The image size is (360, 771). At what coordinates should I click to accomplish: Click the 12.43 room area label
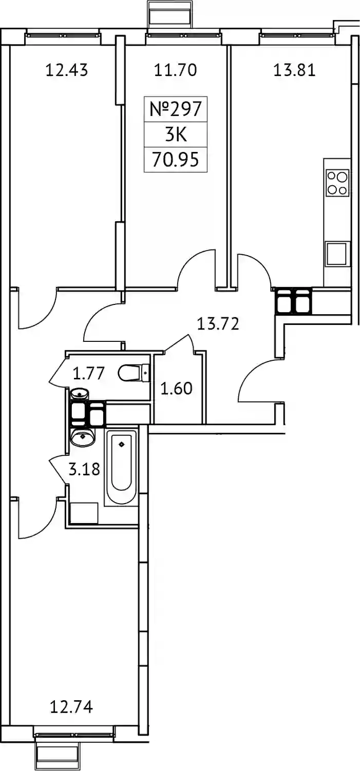[x=67, y=70]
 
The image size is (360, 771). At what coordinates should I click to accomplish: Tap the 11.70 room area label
[x=175, y=70]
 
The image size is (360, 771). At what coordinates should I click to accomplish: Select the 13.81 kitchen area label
[x=295, y=70]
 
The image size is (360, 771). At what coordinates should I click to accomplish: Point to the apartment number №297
[x=175, y=109]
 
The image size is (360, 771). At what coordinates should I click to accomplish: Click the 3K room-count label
[x=176, y=134]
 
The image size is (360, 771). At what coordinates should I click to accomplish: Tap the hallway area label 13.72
[x=218, y=324]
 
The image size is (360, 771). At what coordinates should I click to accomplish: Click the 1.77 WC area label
[x=88, y=374]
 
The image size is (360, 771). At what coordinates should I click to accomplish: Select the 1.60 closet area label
[x=176, y=389]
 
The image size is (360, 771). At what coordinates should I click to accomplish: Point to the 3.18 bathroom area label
[x=84, y=469]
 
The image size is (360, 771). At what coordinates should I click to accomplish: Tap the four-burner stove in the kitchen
[x=337, y=183]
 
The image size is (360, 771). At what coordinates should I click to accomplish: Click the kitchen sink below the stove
[x=336, y=254]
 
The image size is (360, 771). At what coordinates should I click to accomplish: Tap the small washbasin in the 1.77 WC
[x=80, y=394]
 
